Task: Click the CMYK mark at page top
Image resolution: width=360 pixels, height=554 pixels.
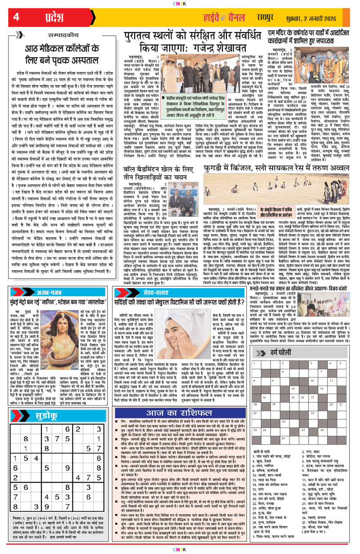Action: click(180, 3)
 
